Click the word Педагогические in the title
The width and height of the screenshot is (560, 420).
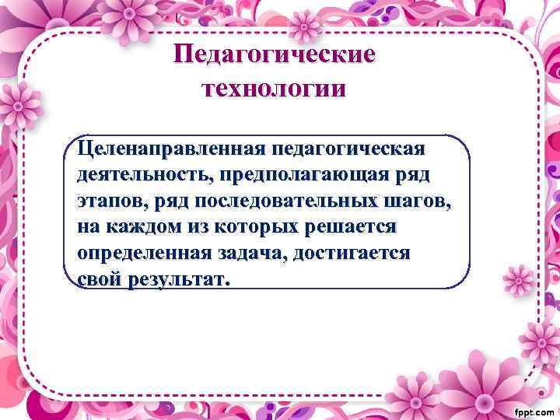coord(274,54)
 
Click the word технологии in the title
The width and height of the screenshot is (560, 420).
coord(274,87)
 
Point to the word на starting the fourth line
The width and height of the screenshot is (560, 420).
coord(89,227)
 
